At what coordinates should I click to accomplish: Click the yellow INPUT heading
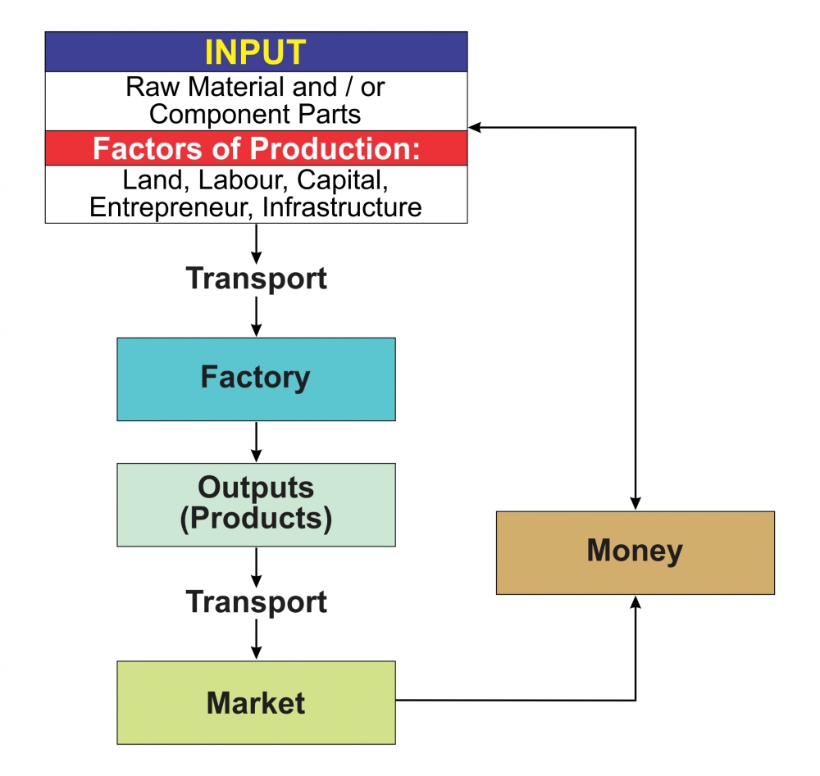[255, 52]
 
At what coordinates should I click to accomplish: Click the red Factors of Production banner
[256, 148]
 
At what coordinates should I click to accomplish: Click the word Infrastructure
[342, 207]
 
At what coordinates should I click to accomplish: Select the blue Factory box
[256, 379]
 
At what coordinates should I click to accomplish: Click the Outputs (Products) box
[256, 504]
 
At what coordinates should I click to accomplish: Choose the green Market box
[256, 702]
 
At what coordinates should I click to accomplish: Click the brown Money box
[635, 551]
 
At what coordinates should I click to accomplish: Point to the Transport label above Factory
[256, 279]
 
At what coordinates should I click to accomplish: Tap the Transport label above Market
[256, 602]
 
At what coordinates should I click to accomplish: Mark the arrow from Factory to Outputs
[256, 442]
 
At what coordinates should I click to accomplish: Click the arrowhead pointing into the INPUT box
[475, 127]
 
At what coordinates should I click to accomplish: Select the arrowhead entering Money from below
[635, 601]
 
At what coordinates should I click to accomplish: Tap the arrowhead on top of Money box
[635, 504]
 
